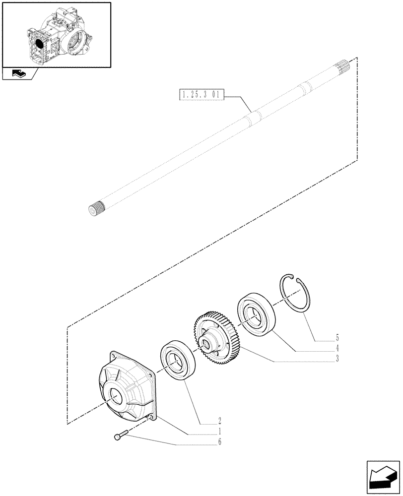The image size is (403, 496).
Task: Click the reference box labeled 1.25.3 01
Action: click(x=201, y=94)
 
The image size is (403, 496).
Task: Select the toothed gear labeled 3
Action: click(x=214, y=335)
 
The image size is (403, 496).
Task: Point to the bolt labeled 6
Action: click(x=120, y=436)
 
